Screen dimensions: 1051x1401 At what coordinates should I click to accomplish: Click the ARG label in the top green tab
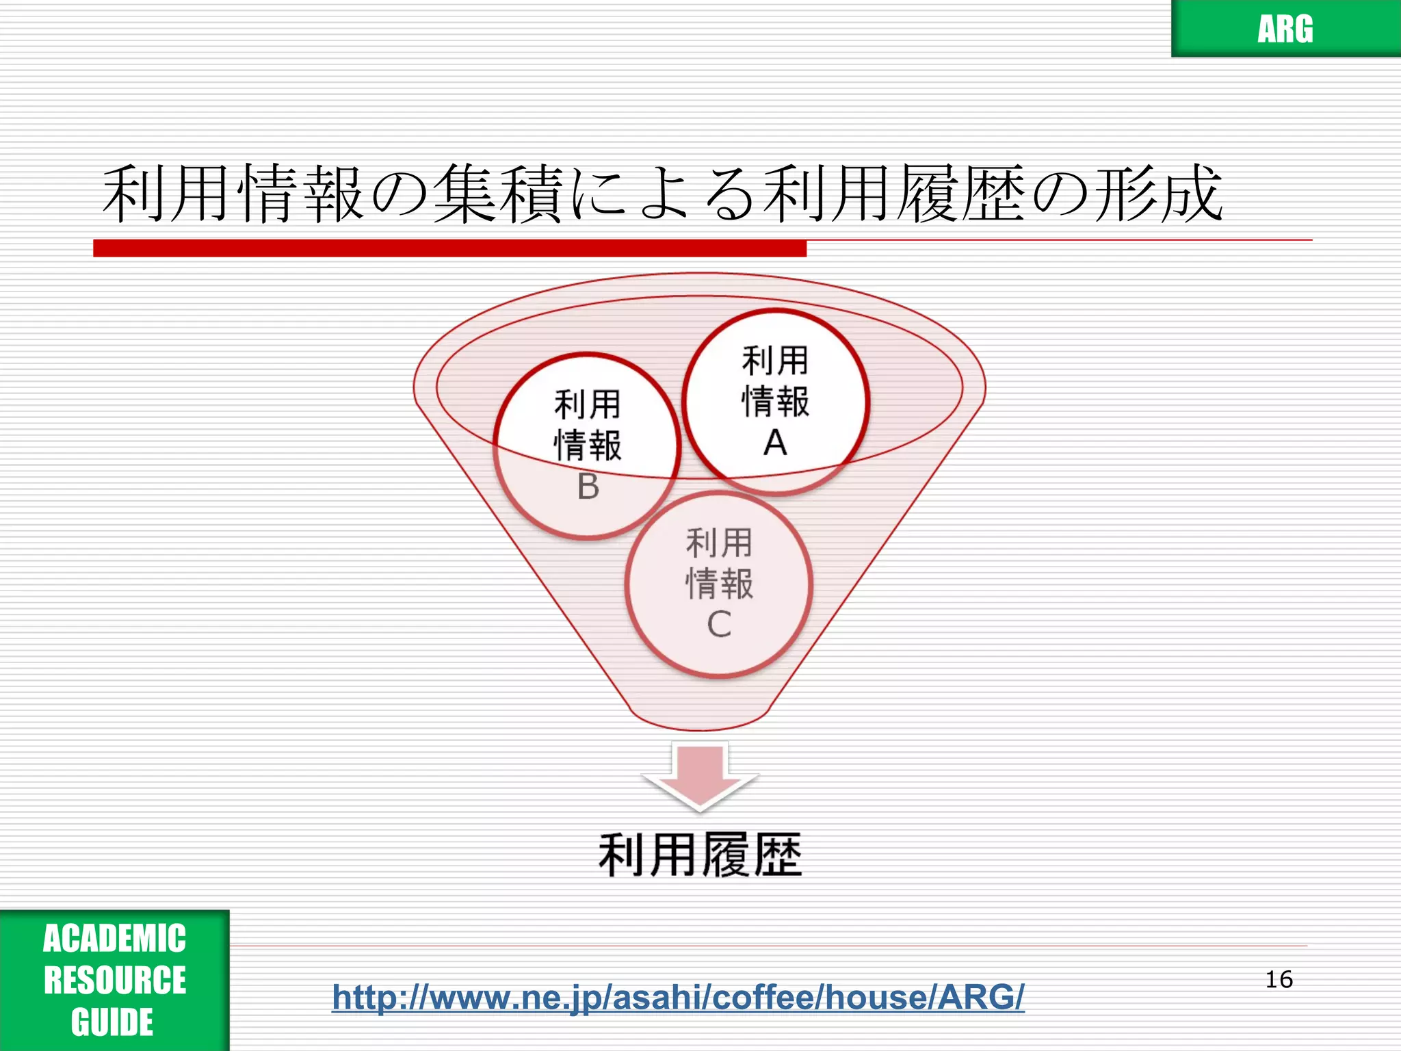(1285, 29)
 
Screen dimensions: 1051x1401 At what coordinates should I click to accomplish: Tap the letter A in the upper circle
(775, 443)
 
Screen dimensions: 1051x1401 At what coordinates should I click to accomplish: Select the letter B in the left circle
(588, 486)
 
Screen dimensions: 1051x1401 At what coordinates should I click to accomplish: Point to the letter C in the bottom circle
(719, 624)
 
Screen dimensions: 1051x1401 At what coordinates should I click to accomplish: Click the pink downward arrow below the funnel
(700, 777)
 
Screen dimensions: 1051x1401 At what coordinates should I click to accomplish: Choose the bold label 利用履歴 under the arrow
(700, 855)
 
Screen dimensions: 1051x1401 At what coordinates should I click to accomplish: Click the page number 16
(1279, 979)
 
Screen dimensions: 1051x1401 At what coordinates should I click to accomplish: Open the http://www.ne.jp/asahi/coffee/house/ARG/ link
(678, 997)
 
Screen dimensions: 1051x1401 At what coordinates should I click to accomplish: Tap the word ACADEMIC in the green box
(114, 938)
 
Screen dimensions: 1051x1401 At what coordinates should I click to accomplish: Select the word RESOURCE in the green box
(114, 980)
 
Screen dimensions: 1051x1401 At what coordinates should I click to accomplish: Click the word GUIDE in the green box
(112, 1022)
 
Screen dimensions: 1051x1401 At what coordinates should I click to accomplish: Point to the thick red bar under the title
(449, 248)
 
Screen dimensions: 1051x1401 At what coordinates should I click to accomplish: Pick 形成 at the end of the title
(1157, 194)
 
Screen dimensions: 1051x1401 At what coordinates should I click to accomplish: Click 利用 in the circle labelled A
(775, 361)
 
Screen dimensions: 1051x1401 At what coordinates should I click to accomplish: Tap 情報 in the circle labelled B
(588, 445)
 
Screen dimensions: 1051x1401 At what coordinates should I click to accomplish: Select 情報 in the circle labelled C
(719, 584)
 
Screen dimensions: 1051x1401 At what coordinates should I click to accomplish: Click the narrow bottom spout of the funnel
(699, 715)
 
